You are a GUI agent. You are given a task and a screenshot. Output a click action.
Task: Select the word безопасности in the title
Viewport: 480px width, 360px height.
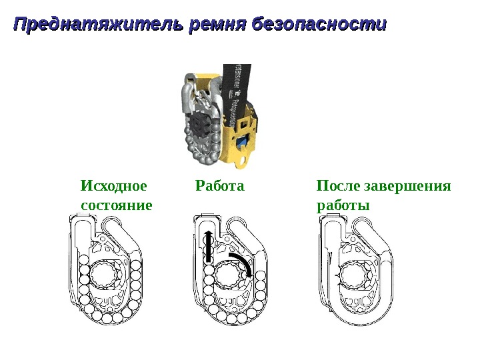321,25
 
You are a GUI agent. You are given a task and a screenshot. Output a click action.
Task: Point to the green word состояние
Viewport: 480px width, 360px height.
116,203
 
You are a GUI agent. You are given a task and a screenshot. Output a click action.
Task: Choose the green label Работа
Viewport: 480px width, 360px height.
220,185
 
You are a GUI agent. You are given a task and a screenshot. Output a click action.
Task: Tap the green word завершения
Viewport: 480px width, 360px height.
409,185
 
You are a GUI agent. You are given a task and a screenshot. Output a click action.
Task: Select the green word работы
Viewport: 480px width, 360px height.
343,203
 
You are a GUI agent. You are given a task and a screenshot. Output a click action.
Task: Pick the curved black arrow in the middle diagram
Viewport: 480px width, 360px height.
241,263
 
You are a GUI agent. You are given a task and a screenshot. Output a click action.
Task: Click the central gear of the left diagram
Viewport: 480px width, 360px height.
106,274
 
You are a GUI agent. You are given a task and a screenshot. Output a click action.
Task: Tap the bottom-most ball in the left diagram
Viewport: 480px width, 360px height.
109,318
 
